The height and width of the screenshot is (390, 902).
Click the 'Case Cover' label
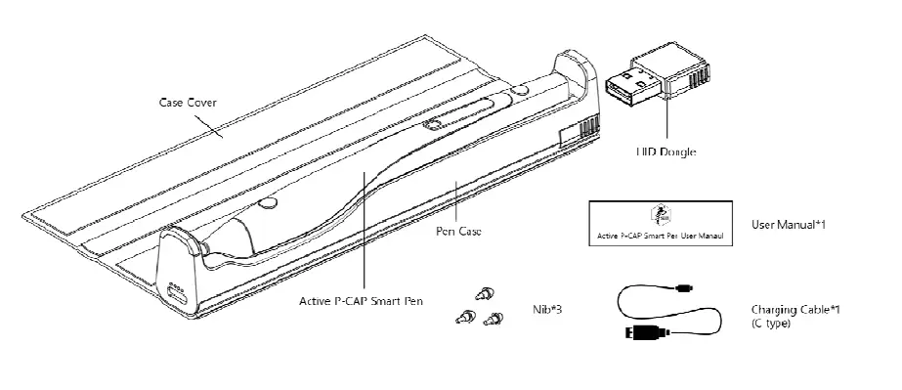(x=189, y=103)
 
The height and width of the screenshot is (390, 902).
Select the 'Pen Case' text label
(x=460, y=233)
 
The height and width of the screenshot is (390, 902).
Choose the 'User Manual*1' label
(x=788, y=225)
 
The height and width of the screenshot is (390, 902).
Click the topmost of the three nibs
(x=483, y=292)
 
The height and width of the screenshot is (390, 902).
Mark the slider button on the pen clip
(x=432, y=124)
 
